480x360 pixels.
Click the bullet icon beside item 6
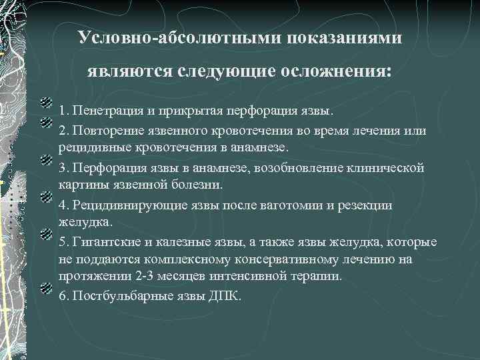point(46,289)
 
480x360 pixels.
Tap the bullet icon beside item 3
point(46,161)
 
